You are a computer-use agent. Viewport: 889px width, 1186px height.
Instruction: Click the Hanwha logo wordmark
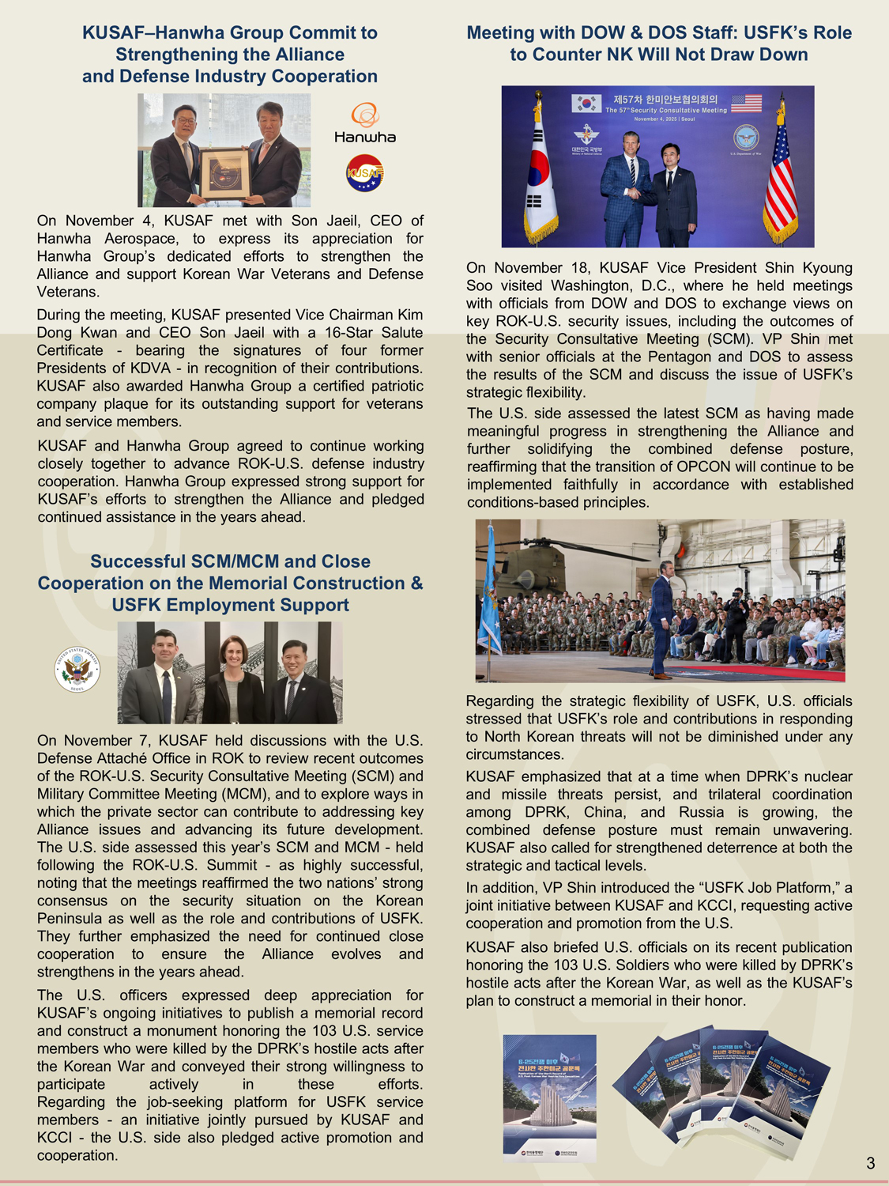(x=364, y=137)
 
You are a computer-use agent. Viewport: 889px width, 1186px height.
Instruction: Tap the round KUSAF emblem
(x=365, y=172)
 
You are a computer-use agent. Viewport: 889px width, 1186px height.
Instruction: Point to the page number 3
(x=870, y=1163)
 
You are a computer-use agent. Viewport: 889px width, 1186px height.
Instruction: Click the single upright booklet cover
(x=549, y=1097)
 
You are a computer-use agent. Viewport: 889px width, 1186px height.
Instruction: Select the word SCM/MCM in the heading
(x=235, y=561)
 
